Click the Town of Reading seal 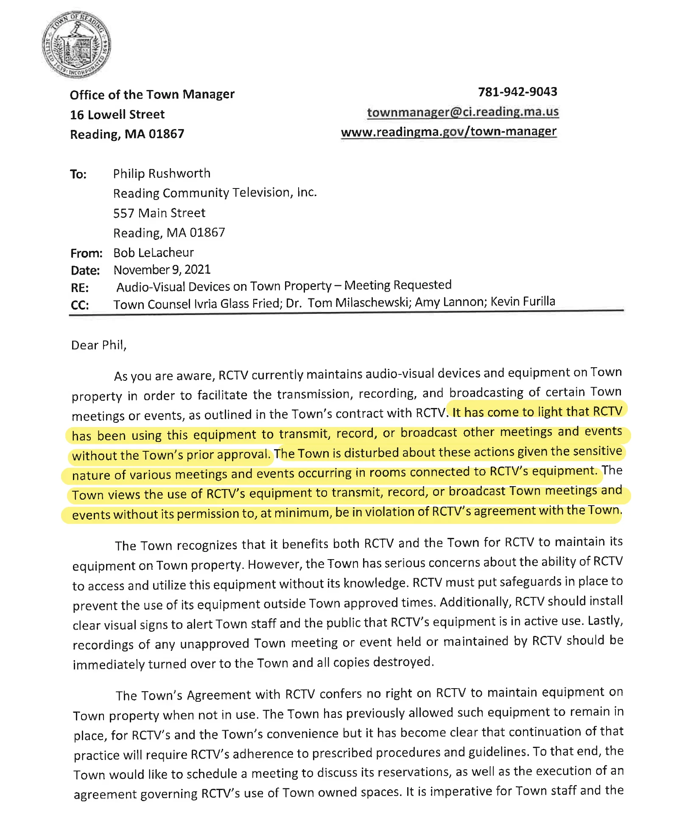tap(77, 45)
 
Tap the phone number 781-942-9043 tap(517, 92)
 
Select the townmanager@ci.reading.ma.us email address tap(462, 112)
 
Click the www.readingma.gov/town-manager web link tap(448, 132)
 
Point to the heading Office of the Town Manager tap(152, 94)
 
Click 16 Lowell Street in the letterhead tap(117, 115)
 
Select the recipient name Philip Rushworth tap(162, 174)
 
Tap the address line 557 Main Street tap(159, 213)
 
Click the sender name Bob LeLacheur tap(154, 253)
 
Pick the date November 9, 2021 tap(162, 270)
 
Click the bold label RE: tap(80, 288)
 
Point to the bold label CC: tap(80, 305)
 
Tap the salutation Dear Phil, tap(99, 345)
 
